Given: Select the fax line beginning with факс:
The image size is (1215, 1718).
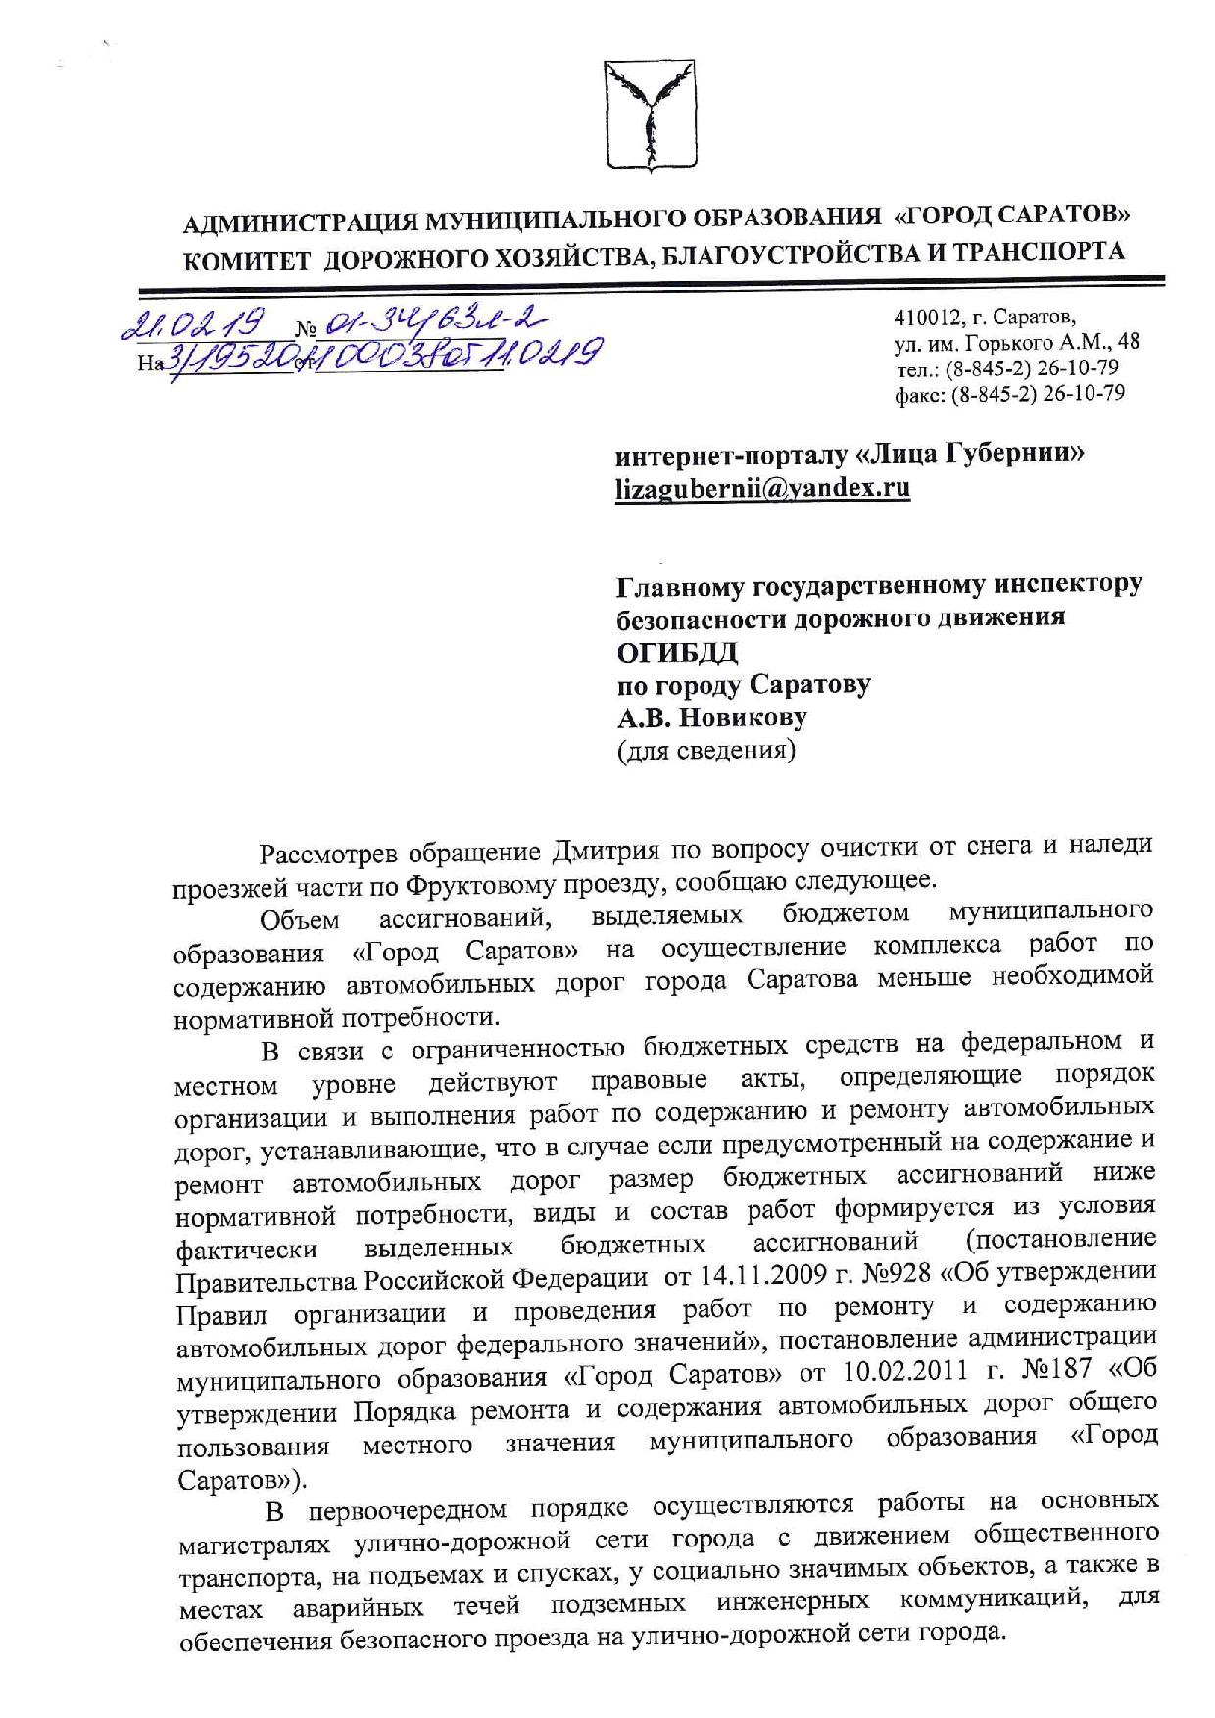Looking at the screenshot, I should click(1008, 394).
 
